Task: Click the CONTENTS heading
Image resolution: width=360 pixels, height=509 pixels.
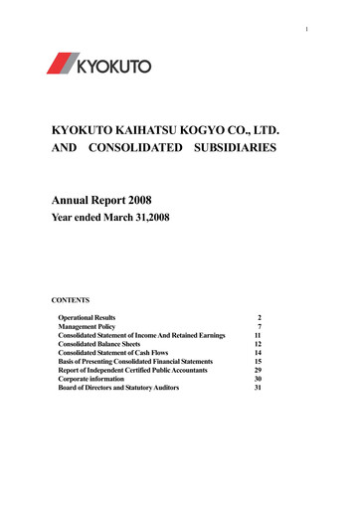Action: (62, 297)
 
